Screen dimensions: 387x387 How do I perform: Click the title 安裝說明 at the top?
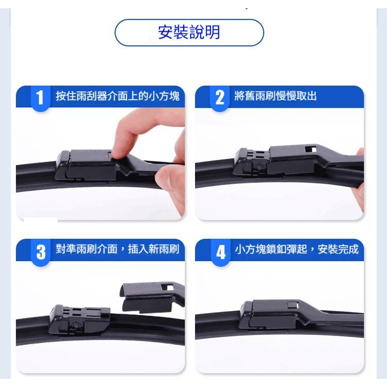(x=189, y=33)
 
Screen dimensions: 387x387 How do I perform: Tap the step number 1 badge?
(x=40, y=97)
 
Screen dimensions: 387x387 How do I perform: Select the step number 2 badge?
(x=220, y=97)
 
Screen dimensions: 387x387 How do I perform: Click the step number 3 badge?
(x=41, y=252)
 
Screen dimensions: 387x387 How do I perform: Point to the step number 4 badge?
(x=221, y=252)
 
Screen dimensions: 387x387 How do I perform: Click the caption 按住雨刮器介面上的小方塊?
(x=118, y=96)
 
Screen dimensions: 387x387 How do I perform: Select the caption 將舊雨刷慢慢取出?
(x=276, y=96)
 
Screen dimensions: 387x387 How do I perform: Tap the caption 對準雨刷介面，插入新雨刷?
(x=118, y=249)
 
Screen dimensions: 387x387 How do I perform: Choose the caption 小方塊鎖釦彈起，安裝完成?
(x=297, y=249)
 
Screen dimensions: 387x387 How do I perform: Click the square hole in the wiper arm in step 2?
(x=311, y=149)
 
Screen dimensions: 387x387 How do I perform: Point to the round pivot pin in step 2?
(x=259, y=167)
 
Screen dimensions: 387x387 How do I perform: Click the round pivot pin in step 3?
(x=75, y=325)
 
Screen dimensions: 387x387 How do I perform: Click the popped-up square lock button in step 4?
(x=293, y=305)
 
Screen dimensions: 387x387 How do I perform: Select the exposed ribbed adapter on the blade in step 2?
(x=252, y=162)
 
